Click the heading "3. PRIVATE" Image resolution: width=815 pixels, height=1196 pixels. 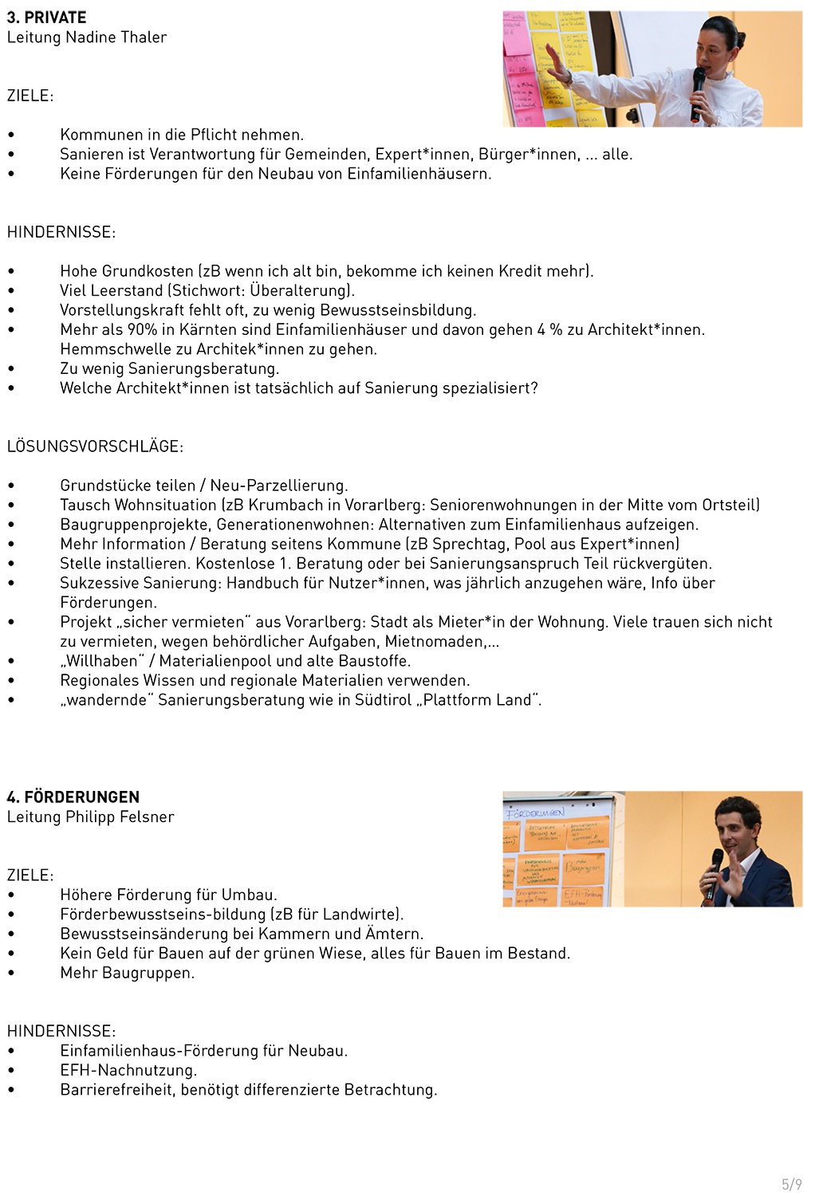pos(46,18)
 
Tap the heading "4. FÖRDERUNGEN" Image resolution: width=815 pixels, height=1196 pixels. pos(73,797)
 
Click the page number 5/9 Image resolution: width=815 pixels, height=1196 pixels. pos(791,1184)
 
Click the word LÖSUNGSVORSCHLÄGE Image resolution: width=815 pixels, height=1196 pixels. pos(94,447)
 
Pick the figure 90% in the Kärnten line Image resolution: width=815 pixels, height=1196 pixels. pos(143,330)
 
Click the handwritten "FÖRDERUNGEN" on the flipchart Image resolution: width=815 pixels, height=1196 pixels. pos(535,812)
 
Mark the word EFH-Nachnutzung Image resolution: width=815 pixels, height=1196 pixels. pos(128,1071)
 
